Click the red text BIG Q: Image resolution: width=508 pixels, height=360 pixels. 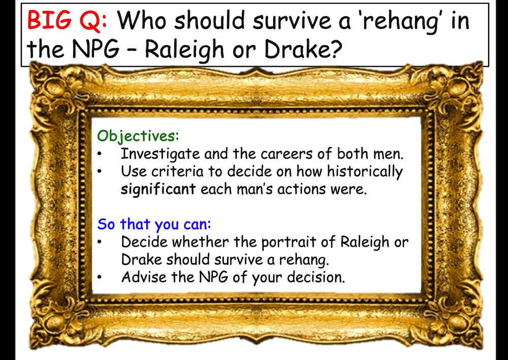67,20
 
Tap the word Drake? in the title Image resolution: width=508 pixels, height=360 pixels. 303,49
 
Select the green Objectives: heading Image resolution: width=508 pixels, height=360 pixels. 138,136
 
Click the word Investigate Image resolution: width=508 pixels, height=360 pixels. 161,154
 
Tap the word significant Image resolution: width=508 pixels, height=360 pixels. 158,189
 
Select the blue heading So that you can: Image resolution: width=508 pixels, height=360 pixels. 154,224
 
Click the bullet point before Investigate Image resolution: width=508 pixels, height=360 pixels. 100,155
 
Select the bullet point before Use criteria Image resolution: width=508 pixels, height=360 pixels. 100,172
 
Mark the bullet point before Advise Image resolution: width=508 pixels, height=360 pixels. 100,277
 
